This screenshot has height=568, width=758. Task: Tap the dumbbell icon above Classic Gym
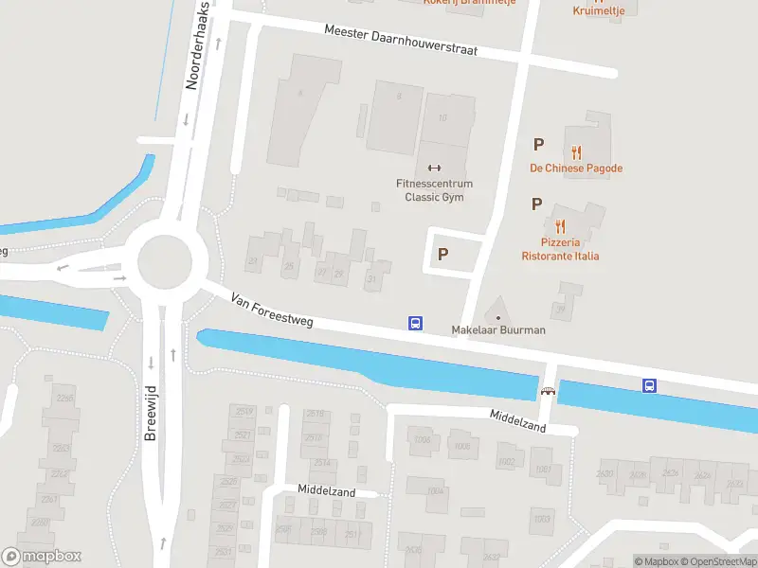pos(435,169)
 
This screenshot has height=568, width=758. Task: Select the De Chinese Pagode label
pos(576,169)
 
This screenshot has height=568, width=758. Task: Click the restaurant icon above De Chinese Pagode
pos(576,151)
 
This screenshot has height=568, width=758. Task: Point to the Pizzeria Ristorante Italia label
pos(560,250)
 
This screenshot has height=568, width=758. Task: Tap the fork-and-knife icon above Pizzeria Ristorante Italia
pos(560,226)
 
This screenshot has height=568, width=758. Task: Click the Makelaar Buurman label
pos(498,330)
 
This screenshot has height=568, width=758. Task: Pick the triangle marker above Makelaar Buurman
pos(498,313)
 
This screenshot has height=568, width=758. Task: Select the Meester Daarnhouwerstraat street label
pos(400,40)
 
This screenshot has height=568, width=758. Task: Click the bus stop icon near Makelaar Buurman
pos(415,324)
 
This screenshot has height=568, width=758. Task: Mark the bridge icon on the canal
pos(548,391)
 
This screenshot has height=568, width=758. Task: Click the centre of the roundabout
pos(171,263)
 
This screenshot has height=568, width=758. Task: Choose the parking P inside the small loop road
pos(442,254)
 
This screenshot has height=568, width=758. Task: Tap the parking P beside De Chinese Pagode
pos(538,145)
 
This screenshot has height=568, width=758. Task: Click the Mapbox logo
pos(42,557)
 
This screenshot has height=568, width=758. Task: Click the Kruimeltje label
pos(598,10)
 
